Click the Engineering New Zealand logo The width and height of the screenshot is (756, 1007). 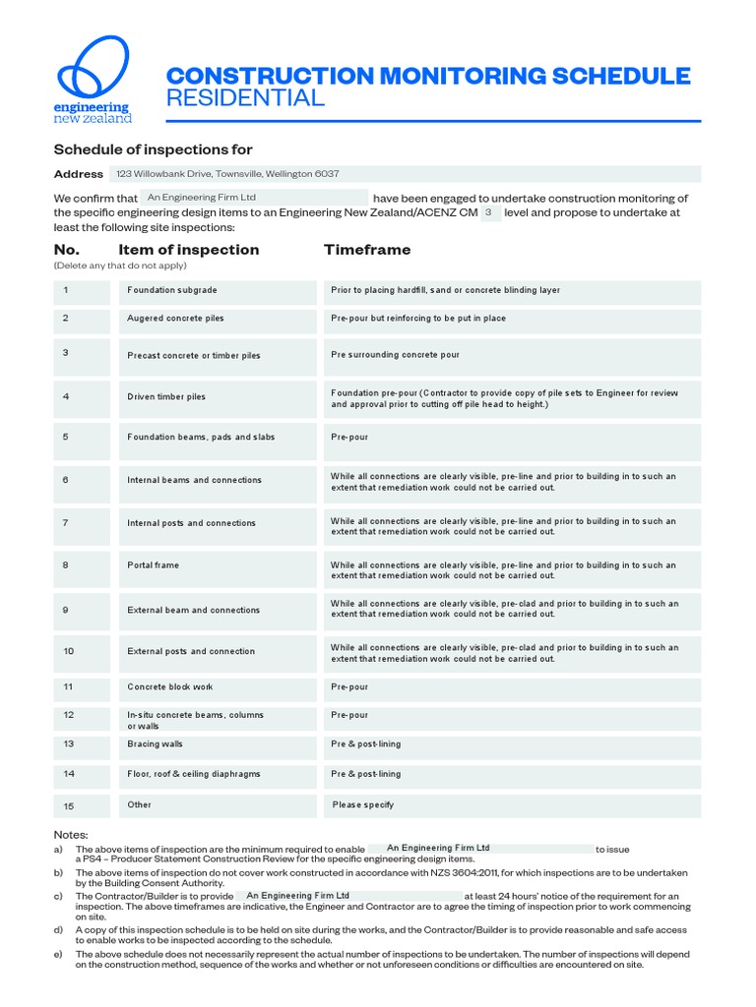click(93, 81)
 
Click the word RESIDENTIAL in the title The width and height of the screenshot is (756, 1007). click(245, 98)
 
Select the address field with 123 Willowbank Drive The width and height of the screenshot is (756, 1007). click(405, 174)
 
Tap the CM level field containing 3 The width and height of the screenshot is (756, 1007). click(489, 212)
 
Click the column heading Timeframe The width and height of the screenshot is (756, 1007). click(367, 250)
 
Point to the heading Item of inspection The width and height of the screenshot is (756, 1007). click(189, 250)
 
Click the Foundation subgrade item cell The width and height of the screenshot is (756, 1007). click(218, 291)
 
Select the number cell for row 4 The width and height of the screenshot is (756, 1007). click(82, 397)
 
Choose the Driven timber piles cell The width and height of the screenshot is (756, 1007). click(218, 397)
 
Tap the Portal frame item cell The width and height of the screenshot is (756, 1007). click(218, 566)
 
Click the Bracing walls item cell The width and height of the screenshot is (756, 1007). click(218, 744)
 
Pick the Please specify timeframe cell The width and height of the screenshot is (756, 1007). click(512, 805)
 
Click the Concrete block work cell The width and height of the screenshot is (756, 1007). click(218, 687)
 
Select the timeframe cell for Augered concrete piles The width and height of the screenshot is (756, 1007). click(512, 319)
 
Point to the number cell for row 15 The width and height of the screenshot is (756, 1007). click(82, 805)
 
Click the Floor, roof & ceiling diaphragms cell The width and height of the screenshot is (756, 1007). click(218, 775)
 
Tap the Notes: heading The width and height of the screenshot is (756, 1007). click(71, 834)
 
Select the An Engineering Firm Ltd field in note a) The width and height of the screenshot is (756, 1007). click(479, 848)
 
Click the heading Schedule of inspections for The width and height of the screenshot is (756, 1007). click(153, 149)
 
